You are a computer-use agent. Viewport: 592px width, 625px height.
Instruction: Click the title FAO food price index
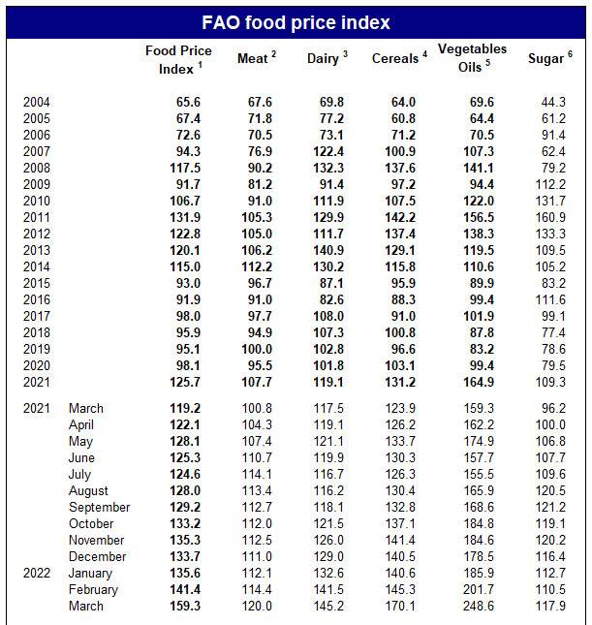pos(296,22)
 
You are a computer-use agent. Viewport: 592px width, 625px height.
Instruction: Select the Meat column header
pos(257,58)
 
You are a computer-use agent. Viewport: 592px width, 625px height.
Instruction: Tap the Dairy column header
pos(327,58)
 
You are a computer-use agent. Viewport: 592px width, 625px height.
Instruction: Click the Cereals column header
pos(399,58)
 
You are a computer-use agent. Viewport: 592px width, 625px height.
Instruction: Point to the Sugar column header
pos(550,58)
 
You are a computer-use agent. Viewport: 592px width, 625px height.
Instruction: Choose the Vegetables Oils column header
pos(473,58)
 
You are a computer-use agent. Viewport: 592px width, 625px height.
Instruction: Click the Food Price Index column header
pos(178,59)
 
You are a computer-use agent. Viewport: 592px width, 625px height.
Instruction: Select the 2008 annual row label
pos(37,168)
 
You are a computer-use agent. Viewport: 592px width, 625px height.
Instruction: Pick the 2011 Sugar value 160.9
pos(550,217)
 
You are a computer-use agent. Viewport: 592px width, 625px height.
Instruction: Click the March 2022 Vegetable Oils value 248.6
pos(479,606)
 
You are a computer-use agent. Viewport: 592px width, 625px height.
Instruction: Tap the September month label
pos(99,507)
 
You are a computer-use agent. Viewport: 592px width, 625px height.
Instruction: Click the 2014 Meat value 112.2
pos(257,266)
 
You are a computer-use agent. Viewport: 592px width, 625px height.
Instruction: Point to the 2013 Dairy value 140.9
pos(328,250)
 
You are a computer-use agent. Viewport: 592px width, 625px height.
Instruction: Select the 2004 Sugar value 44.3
pos(553,102)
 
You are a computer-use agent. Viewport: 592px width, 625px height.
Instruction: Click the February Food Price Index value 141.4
pos(185,589)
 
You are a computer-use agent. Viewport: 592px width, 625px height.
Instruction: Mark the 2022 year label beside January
pos(37,573)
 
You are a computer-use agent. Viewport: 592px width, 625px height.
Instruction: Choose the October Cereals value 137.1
pos(400,523)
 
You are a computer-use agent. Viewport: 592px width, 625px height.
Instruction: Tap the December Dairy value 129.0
pos(328,556)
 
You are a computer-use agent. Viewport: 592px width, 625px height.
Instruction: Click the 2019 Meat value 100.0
pos(257,349)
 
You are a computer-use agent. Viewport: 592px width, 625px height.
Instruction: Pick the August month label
pos(88,491)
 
